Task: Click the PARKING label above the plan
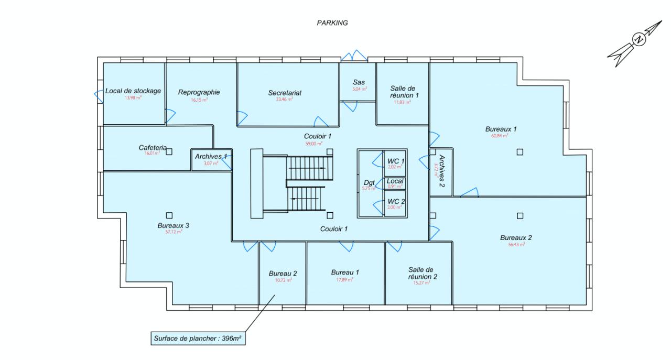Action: [x=332, y=23]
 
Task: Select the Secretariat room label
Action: [x=285, y=93]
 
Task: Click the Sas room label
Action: [x=359, y=82]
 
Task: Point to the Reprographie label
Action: [x=199, y=92]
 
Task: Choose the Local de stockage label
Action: [x=133, y=91]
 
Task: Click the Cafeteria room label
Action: [x=153, y=148]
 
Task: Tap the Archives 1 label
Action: [x=211, y=156]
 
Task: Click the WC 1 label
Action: [x=396, y=160]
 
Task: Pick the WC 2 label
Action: [x=396, y=201]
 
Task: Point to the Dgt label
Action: [x=369, y=182]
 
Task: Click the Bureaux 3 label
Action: [x=173, y=225]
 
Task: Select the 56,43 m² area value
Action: [x=516, y=244]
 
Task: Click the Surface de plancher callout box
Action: [x=198, y=339]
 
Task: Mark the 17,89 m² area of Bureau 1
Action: [x=345, y=280]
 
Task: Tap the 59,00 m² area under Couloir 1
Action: [x=314, y=143]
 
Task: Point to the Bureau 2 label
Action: [x=283, y=274]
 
